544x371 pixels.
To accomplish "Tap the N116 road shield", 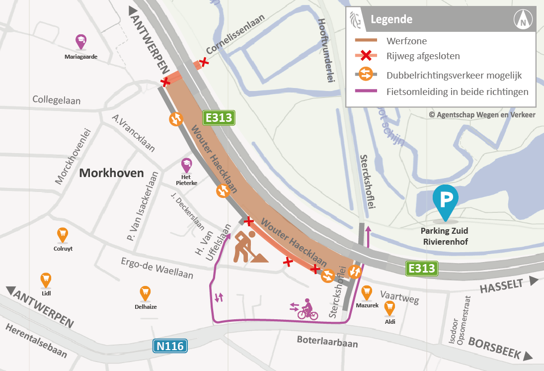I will pyautogui.click(x=170, y=347).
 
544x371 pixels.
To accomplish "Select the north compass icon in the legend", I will pyautogui.click(x=523, y=20).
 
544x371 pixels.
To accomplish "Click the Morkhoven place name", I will pyautogui.click(x=111, y=173).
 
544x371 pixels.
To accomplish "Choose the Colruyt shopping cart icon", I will pyautogui.click(x=63, y=234).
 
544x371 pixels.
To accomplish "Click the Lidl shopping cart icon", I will pyautogui.click(x=46, y=279).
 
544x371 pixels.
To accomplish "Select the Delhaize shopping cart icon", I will pyautogui.click(x=145, y=293).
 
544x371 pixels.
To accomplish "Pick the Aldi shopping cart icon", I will pyautogui.click(x=390, y=308).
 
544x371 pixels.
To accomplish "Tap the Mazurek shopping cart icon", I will pyautogui.click(x=367, y=292).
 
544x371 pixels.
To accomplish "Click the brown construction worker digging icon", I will pyautogui.click(x=248, y=247).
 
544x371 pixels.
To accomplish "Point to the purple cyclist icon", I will pyautogui.click(x=306, y=309).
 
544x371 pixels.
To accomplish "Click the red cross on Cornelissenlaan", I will pyautogui.click(x=203, y=63).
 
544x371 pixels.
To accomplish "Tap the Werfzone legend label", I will pyautogui.click(x=406, y=41).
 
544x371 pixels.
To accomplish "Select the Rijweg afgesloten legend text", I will pyautogui.click(x=423, y=56).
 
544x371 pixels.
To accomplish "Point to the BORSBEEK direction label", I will pyautogui.click(x=495, y=349).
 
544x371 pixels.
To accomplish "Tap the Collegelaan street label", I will pyautogui.click(x=57, y=100).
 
